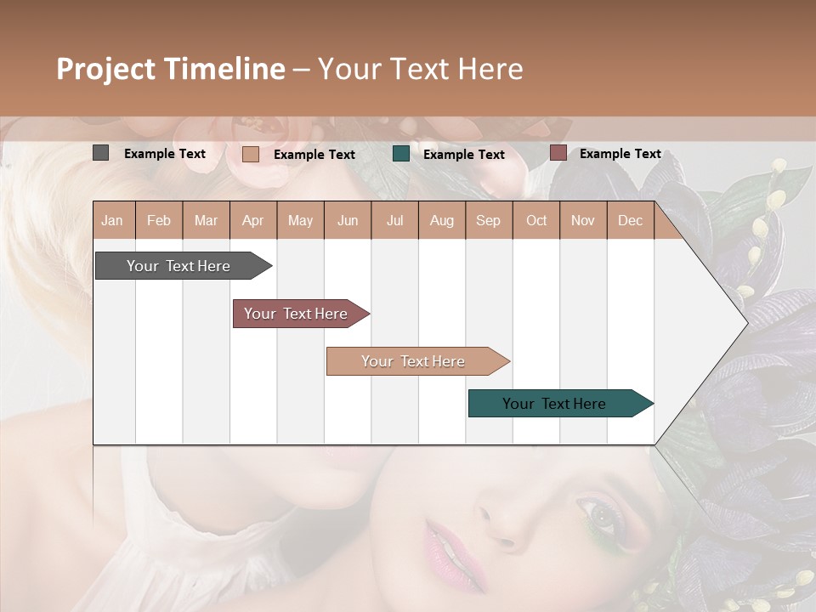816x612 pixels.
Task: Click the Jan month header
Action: [x=112, y=221]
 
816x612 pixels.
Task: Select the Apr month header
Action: [x=252, y=221]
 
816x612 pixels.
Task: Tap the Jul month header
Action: [x=394, y=221]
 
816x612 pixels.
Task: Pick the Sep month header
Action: [x=488, y=221]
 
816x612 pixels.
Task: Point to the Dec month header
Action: [x=630, y=221]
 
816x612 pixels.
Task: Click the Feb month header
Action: [x=159, y=221]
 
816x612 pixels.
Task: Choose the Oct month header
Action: [x=536, y=221]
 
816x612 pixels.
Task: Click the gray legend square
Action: [x=100, y=153]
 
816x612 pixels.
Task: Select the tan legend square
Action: [x=251, y=154]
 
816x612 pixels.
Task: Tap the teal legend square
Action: [x=401, y=154]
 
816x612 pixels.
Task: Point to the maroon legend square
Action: [x=558, y=153]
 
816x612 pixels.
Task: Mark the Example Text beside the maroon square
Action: [x=620, y=154]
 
